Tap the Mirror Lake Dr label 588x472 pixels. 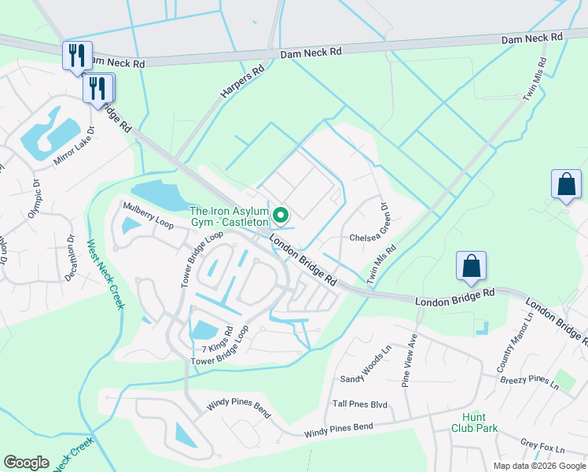(74, 146)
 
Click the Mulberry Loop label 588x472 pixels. (147, 212)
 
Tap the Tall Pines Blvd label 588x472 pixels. (360, 404)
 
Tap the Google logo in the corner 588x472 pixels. (26, 463)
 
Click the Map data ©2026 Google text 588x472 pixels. (538, 466)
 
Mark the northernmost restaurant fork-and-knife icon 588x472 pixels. (77, 55)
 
